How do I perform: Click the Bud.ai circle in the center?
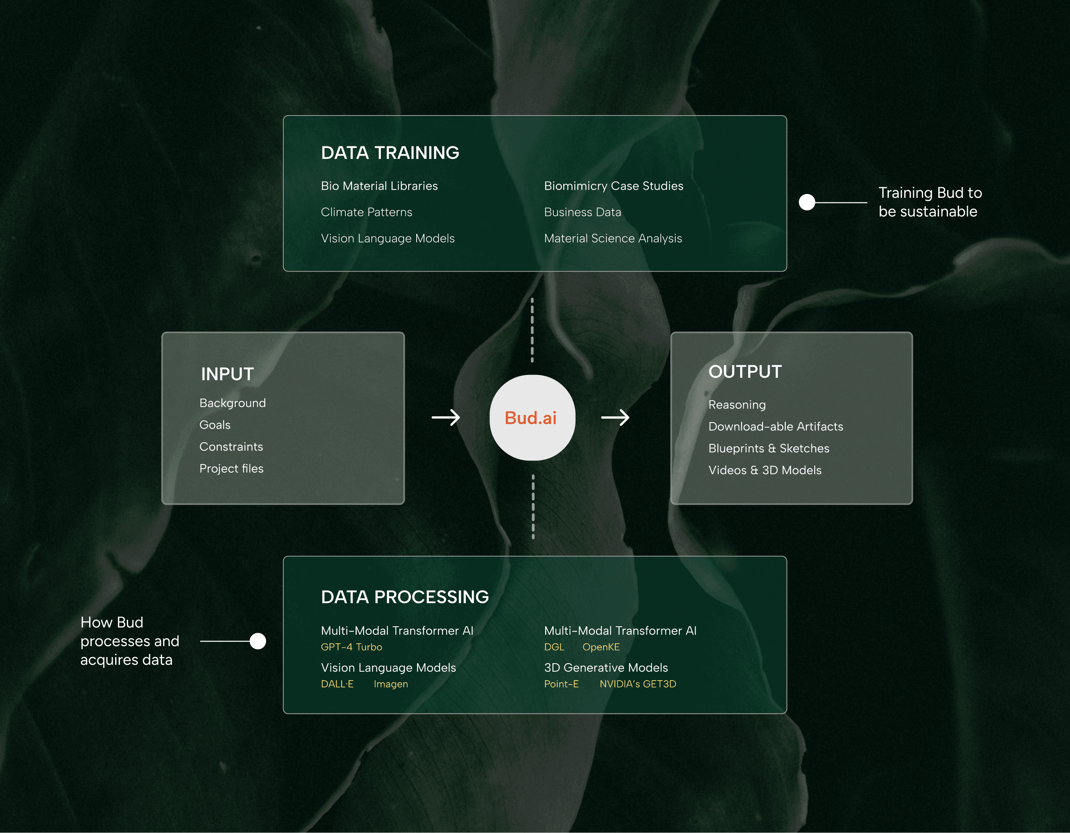point(532,418)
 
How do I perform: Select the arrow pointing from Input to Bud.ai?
point(445,418)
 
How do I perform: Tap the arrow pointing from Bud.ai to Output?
point(615,418)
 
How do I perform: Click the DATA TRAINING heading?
point(390,153)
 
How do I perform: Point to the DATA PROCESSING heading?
point(404,597)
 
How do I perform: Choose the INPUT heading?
point(227,374)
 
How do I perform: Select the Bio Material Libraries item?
point(379,186)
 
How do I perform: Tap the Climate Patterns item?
point(366,212)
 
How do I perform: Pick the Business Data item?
point(582,212)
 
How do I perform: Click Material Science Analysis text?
point(613,238)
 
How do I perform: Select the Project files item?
point(231,469)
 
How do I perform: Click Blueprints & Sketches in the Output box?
point(769,448)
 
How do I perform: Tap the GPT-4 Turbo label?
point(351,647)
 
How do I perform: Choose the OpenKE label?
point(601,647)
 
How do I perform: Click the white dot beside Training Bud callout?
point(807,202)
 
